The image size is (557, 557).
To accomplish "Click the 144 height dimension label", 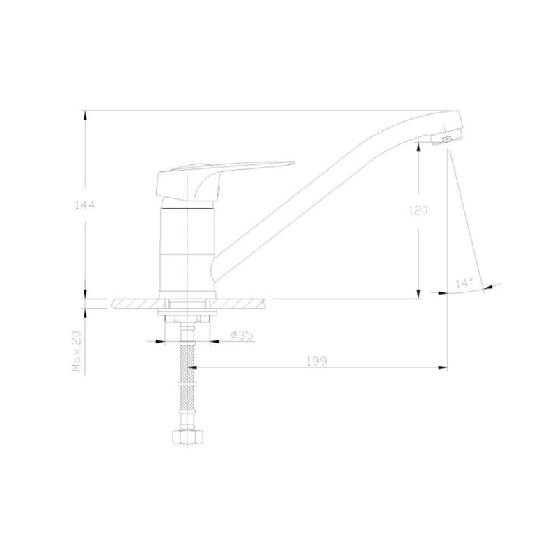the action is click(84, 205).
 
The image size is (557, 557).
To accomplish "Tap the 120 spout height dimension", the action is click(418, 211).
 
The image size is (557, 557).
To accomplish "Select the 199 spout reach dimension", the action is click(317, 361).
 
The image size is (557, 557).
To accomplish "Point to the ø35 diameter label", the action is click(242, 335).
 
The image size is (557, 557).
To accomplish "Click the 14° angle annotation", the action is click(464, 283).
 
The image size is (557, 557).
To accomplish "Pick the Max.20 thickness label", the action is click(77, 351).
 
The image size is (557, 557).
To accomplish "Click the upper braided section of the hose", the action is click(187, 362).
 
